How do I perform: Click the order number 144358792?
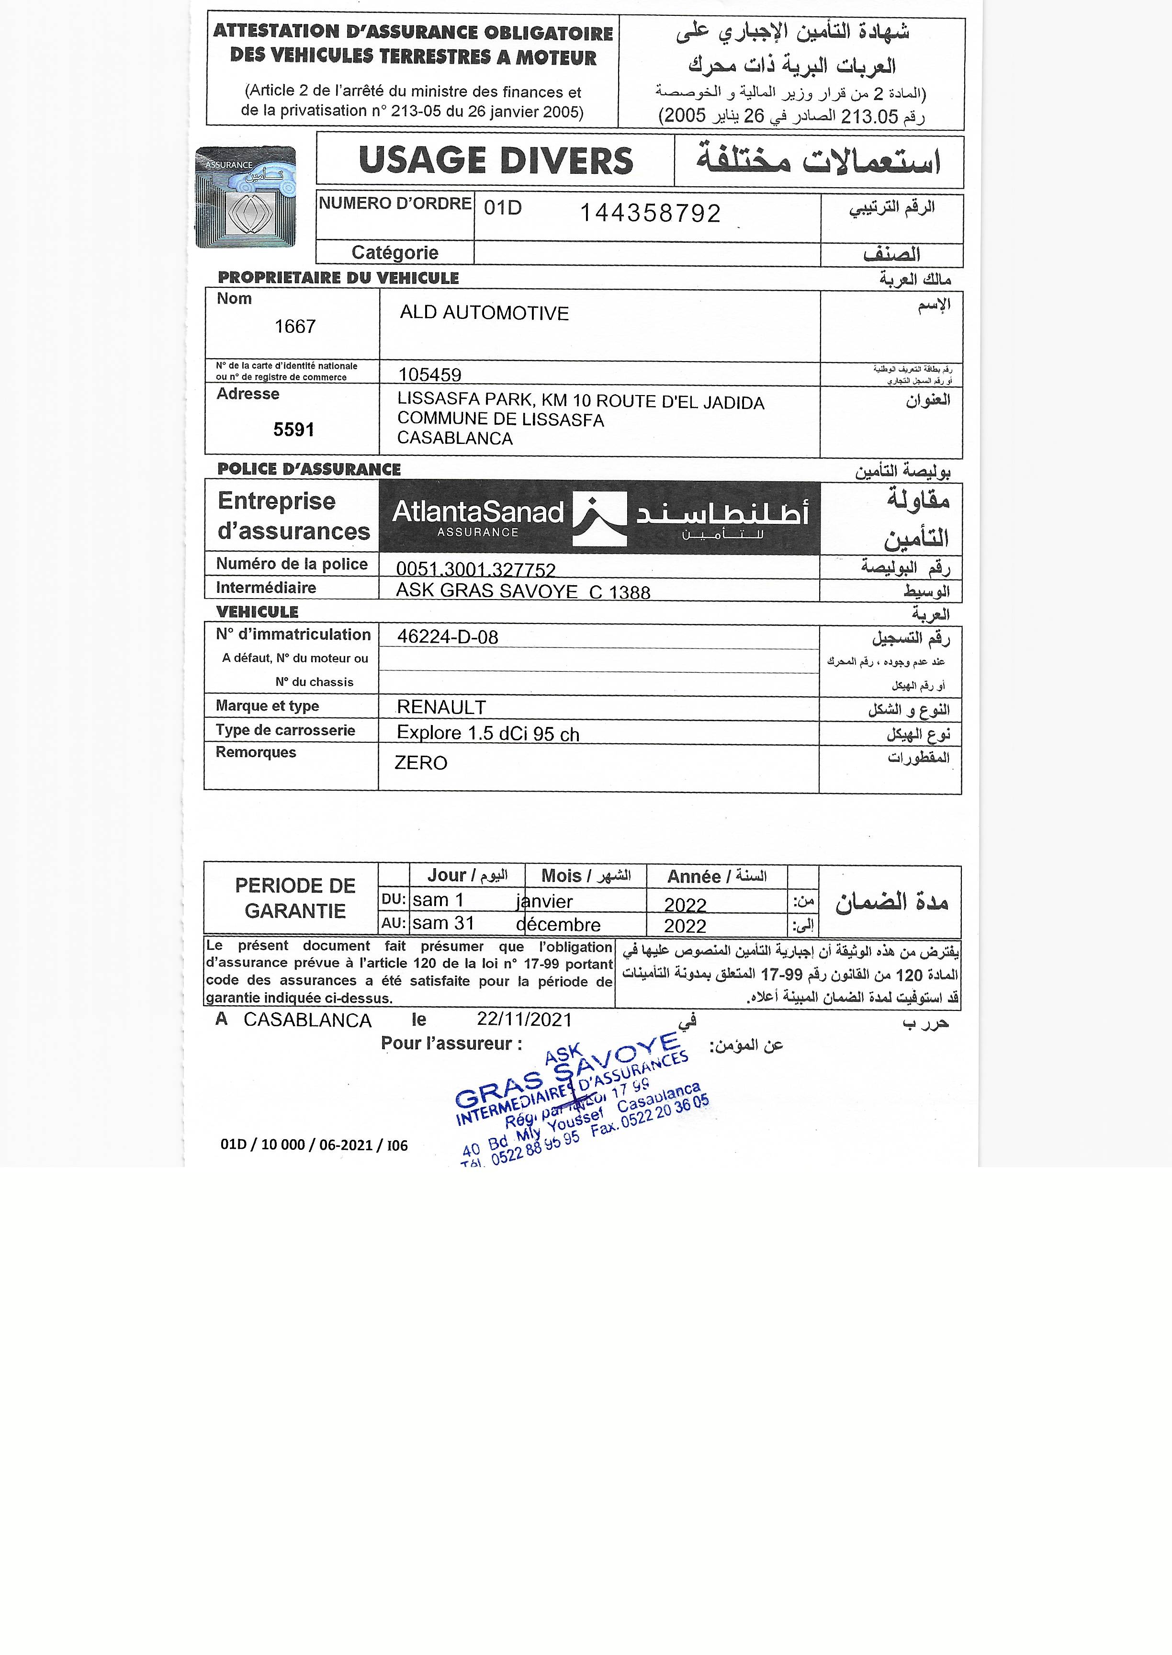[x=650, y=214]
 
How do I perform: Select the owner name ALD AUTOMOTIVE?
[x=484, y=313]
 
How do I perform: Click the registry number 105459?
[x=429, y=374]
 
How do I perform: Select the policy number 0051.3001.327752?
[x=475, y=570]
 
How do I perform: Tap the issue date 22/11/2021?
[x=524, y=1020]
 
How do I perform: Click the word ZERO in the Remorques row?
[x=421, y=763]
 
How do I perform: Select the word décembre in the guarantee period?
[x=559, y=925]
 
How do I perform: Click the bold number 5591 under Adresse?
[x=294, y=430]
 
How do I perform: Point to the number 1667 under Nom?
[x=295, y=327]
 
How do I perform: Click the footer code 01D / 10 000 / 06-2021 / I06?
[x=314, y=1145]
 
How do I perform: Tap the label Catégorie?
[x=395, y=253]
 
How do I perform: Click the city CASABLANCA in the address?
[x=455, y=438]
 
